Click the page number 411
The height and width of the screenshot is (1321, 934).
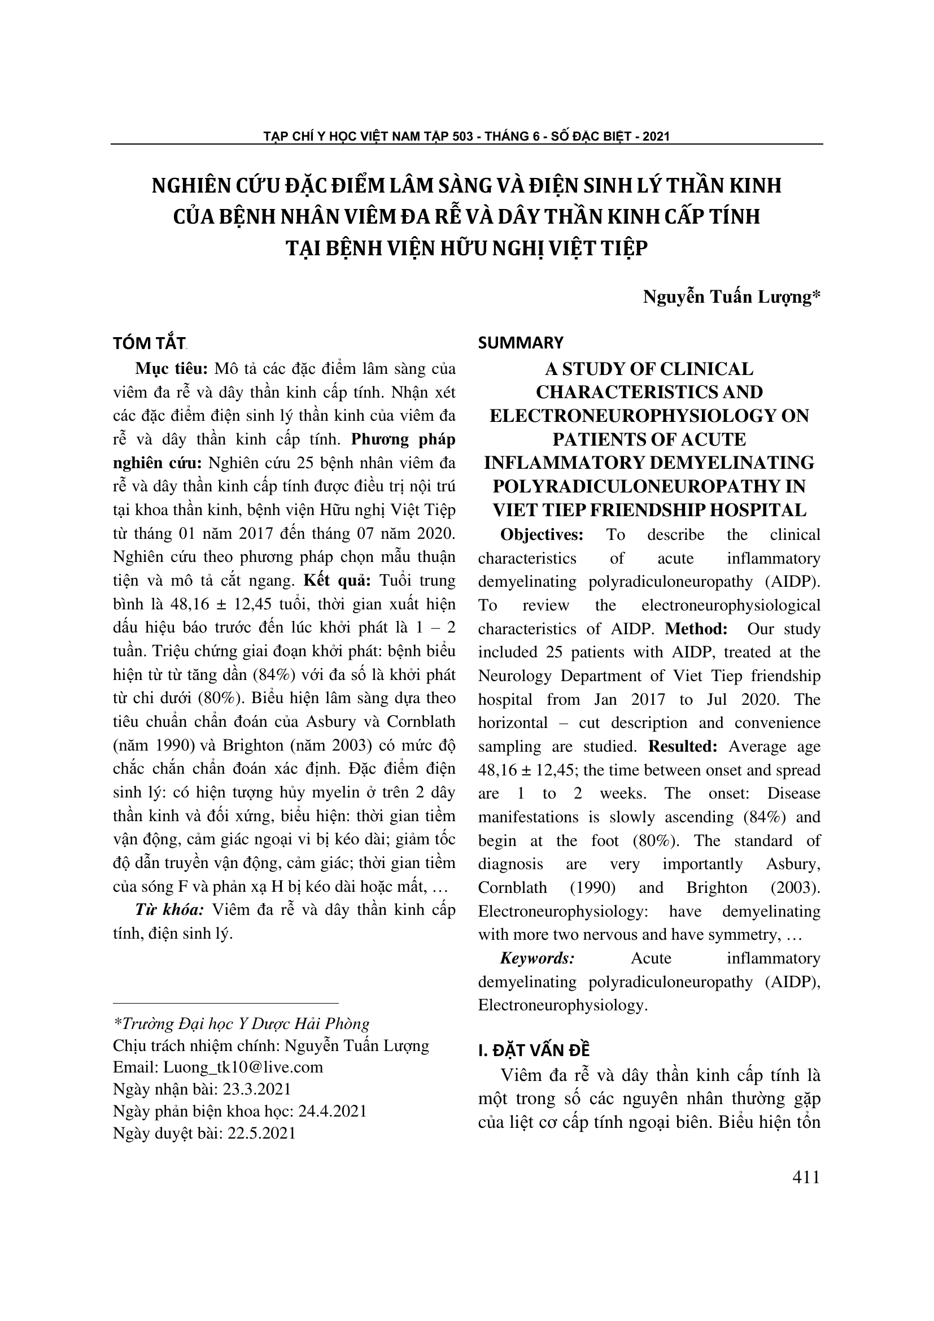[806, 1178]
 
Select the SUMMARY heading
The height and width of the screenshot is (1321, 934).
[521, 343]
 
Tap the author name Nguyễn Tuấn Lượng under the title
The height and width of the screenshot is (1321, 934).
[726, 297]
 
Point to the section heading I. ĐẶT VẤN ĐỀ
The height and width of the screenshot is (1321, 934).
[534, 1050]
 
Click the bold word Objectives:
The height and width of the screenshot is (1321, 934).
[541, 534]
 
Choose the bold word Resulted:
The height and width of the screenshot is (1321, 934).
[682, 746]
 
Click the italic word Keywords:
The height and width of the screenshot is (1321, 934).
[537, 958]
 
